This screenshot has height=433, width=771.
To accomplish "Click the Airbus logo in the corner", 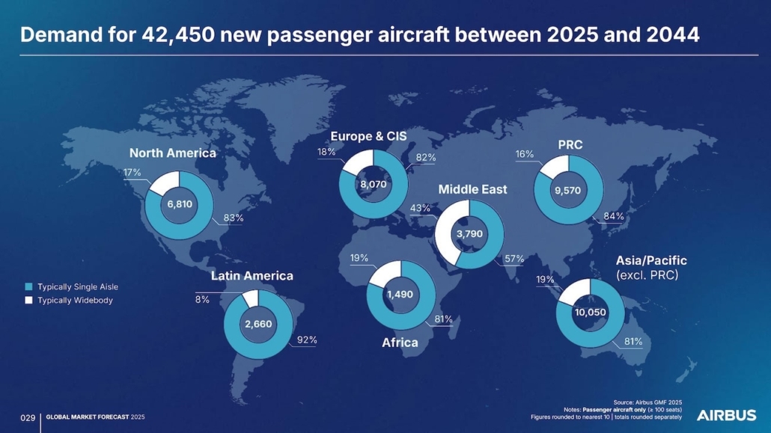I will pyautogui.click(x=726, y=415).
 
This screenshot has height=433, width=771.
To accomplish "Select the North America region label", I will pyautogui.click(x=172, y=153).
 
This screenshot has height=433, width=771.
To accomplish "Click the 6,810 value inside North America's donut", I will pyautogui.click(x=180, y=205).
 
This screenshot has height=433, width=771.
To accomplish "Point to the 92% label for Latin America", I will pyautogui.click(x=307, y=340).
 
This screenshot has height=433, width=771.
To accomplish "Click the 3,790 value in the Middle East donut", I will pyautogui.click(x=470, y=234).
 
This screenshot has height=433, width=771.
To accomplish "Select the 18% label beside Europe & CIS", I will pyautogui.click(x=326, y=152).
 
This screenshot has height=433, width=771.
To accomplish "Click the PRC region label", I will pyautogui.click(x=570, y=144).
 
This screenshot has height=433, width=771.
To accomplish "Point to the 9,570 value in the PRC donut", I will pyautogui.click(x=568, y=191).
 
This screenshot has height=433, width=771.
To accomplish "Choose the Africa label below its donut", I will pyautogui.click(x=400, y=343).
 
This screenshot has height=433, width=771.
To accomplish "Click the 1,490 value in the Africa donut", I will pyautogui.click(x=400, y=295).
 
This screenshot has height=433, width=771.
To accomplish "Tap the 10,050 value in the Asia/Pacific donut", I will pyautogui.click(x=590, y=313).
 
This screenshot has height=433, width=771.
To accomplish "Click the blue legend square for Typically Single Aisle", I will pyautogui.click(x=28, y=286).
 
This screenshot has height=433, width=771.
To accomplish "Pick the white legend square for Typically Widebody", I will pyautogui.click(x=28, y=300).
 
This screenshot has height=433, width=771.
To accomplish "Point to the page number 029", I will pyautogui.click(x=28, y=417).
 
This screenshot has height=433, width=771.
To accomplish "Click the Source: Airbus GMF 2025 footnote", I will pyautogui.click(x=647, y=402).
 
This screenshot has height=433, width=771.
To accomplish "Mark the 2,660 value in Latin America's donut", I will pyautogui.click(x=258, y=324).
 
